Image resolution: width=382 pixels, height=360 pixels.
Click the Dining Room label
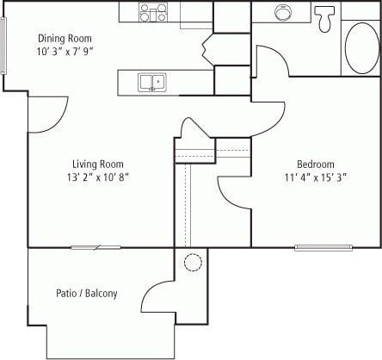pos(65,39)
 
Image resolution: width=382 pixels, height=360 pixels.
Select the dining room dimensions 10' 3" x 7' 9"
pos(65,51)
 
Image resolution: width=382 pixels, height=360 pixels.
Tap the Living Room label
pos(96,164)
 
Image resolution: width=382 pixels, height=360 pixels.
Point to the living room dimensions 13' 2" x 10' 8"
pos(96,177)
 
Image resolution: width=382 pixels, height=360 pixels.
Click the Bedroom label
pos(316,164)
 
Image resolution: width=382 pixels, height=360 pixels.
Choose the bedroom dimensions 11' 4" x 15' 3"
pos(316,177)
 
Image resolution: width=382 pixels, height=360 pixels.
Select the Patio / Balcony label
pos(87,294)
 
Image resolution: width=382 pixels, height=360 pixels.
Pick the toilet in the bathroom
pos(325,17)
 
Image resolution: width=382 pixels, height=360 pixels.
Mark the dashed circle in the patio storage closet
pos(193,262)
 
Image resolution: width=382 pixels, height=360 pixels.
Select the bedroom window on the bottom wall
pos(323,248)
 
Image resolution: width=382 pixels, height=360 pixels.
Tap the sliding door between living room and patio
pos(95,248)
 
